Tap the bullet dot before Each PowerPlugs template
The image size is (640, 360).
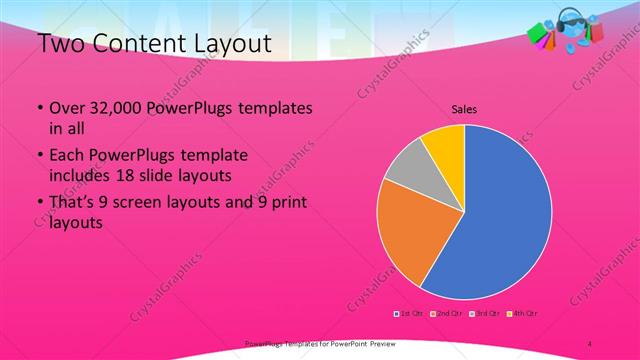39,157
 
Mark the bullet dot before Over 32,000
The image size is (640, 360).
39,108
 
